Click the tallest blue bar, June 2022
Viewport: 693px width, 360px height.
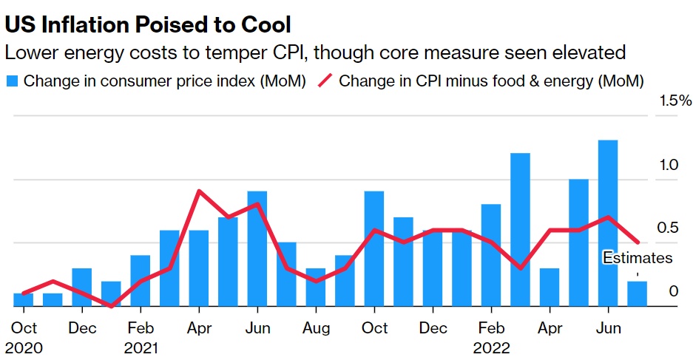pyautogui.click(x=607, y=222)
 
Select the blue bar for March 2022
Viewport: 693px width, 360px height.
pyautogui.click(x=520, y=229)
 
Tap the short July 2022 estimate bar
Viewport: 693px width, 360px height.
pyautogui.click(x=637, y=293)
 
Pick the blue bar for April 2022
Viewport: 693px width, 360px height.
pyautogui.click(x=549, y=287)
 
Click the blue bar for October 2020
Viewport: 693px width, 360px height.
pyautogui.click(x=23, y=299)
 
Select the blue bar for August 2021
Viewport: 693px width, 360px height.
pyautogui.click(x=316, y=287)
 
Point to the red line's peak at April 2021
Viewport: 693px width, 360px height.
pyautogui.click(x=199, y=191)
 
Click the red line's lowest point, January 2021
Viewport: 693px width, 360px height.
pyautogui.click(x=111, y=305)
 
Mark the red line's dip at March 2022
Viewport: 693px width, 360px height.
pyautogui.click(x=520, y=268)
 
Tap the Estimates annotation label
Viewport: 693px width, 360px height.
pyautogui.click(x=637, y=258)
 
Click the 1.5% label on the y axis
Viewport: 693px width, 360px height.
pyautogui.click(x=675, y=101)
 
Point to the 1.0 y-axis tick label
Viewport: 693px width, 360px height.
pyautogui.click(x=669, y=165)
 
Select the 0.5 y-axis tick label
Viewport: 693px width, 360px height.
pyautogui.click(x=669, y=227)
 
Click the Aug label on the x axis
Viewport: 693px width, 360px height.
pyautogui.click(x=316, y=327)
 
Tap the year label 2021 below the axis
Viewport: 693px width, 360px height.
pyautogui.click(x=141, y=347)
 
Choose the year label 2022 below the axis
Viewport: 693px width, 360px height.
pyautogui.click(x=492, y=347)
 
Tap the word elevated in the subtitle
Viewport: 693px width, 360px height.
pyautogui.click(x=589, y=53)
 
